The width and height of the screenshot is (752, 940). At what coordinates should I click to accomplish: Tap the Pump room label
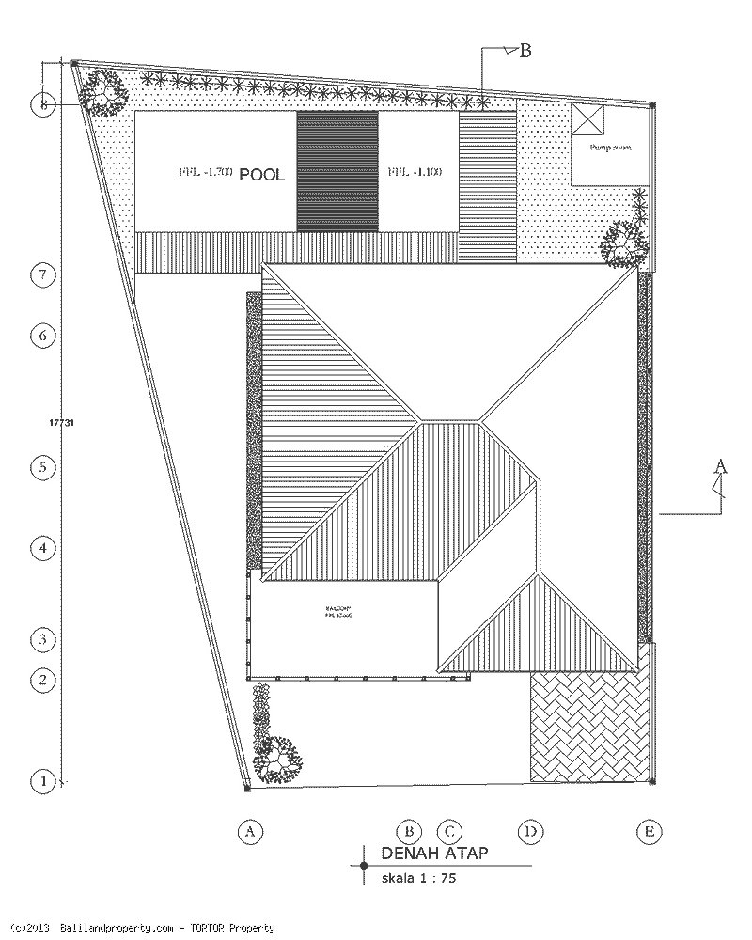click(610, 148)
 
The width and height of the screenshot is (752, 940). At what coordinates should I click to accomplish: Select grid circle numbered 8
click(43, 105)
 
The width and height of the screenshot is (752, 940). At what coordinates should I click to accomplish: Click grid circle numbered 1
click(43, 780)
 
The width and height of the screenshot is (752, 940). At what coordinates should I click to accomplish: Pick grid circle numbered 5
click(43, 467)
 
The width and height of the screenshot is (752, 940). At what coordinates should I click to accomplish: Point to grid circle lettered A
click(249, 831)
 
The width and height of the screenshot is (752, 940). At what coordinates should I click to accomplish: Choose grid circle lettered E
click(648, 831)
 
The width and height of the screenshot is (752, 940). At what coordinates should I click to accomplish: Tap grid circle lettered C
click(449, 831)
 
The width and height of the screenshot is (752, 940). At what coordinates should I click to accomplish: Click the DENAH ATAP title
click(433, 854)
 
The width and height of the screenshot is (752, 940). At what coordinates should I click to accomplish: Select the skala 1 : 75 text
click(419, 881)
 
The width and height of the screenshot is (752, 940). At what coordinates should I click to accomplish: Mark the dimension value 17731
click(61, 423)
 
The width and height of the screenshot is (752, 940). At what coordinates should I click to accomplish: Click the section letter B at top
click(525, 51)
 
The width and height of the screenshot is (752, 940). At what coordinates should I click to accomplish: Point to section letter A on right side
click(721, 465)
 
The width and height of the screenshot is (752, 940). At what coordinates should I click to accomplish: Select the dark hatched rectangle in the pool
click(337, 171)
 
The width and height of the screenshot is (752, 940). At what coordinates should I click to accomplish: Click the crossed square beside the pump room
click(591, 122)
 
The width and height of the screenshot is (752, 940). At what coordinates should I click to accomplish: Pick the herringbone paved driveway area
click(589, 726)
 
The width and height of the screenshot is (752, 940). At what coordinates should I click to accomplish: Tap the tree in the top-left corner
click(102, 92)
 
